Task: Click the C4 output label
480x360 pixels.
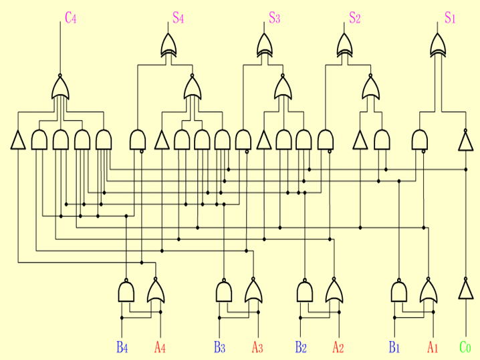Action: tap(71, 18)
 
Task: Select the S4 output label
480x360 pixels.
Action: tap(178, 18)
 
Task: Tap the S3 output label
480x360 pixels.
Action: tap(274, 18)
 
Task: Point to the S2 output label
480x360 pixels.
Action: tap(354, 18)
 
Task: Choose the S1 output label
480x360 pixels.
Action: tap(450, 18)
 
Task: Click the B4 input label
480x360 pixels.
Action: tap(122, 347)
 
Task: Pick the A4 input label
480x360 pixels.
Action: tap(160, 347)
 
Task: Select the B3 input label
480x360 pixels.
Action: tap(219, 347)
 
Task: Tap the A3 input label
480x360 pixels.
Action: tap(257, 347)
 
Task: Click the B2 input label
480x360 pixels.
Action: tap(301, 347)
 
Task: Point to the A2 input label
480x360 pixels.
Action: tap(338, 347)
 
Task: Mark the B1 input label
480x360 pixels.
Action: tap(394, 347)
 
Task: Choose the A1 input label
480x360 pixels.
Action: tap(433, 347)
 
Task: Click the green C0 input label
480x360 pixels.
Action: tap(465, 347)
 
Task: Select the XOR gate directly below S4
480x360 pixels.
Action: tap(169, 46)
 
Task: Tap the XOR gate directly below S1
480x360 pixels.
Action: tap(439, 46)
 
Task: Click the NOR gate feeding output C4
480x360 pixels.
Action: tap(60, 87)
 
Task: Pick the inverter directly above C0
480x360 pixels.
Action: tap(465, 289)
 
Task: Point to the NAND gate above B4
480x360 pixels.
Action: tap(126, 291)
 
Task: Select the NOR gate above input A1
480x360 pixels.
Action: tap(429, 291)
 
